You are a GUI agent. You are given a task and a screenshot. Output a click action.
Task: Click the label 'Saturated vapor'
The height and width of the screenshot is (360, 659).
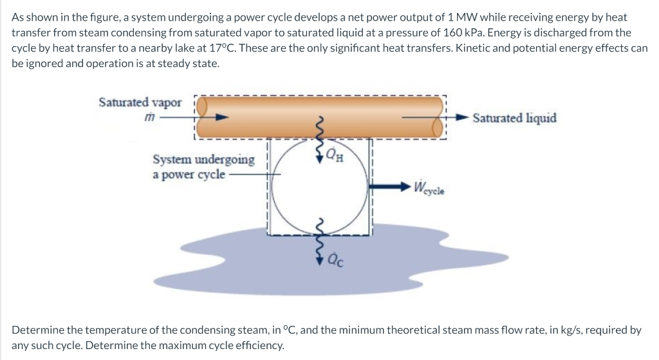tap(140, 102)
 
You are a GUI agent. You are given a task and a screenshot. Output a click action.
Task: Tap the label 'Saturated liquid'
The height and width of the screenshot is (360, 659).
tap(514, 118)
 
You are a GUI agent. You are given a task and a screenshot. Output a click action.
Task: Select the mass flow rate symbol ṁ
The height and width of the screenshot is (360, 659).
tap(149, 118)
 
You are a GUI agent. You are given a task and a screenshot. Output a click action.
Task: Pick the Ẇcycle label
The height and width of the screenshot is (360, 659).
tap(431, 189)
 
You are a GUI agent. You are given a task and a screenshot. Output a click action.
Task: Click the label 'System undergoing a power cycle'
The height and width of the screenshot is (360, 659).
tap(203, 166)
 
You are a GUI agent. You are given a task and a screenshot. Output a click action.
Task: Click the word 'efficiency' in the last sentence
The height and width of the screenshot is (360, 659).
tap(258, 346)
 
